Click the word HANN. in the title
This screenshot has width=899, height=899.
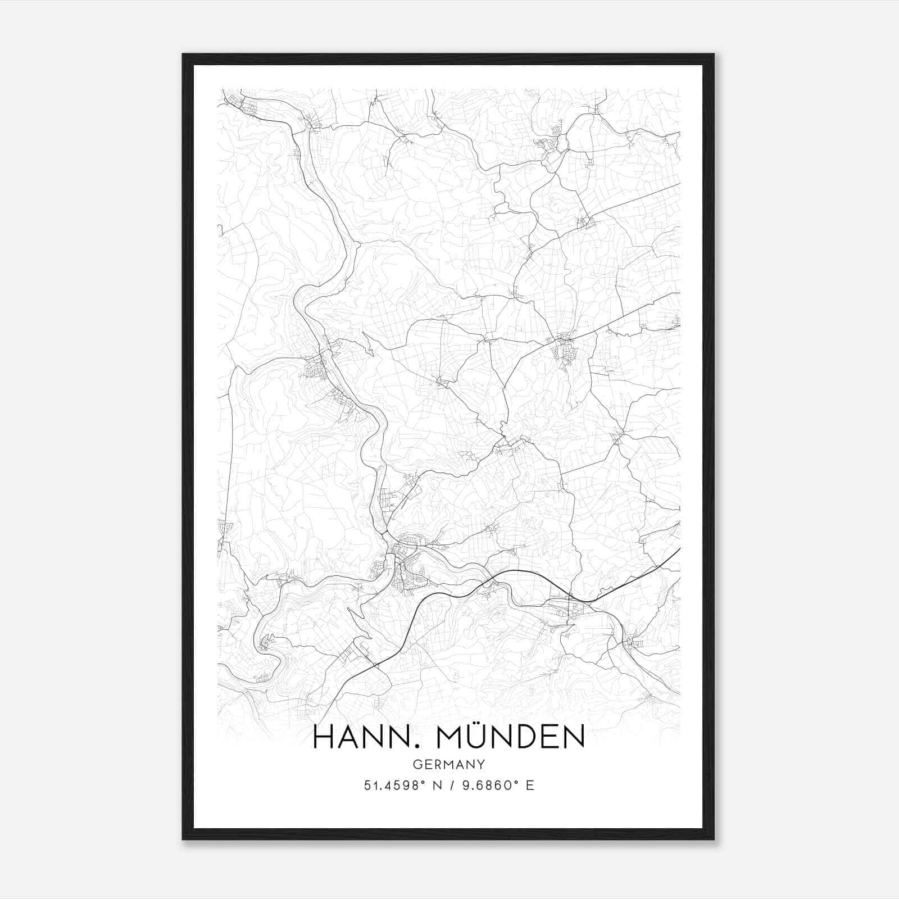[x=367, y=737]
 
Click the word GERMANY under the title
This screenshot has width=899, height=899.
[x=448, y=765]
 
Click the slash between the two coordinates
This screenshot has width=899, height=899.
[x=451, y=786]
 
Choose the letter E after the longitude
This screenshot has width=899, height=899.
[x=530, y=786]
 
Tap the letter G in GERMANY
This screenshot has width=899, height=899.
[x=416, y=765]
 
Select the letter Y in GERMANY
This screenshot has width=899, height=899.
[x=482, y=765]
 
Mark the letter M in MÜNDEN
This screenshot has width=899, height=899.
[x=456, y=737]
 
